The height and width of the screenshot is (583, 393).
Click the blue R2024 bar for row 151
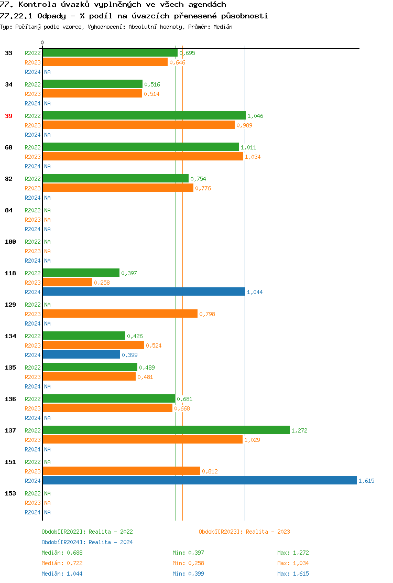(x=199, y=481)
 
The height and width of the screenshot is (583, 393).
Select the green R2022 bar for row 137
(x=166, y=430)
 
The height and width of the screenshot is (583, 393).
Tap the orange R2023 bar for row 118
(x=67, y=282)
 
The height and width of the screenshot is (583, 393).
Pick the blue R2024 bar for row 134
(x=81, y=354)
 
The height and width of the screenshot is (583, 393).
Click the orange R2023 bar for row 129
(x=120, y=314)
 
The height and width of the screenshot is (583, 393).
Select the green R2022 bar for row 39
(x=144, y=115)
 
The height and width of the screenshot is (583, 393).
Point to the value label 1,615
(x=366, y=481)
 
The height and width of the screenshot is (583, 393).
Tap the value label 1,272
(x=299, y=430)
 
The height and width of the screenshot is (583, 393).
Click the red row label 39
(x=8, y=116)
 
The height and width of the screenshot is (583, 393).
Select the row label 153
(x=10, y=493)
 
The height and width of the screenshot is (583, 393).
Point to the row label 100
(x=10, y=242)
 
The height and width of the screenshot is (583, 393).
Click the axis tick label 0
(x=42, y=42)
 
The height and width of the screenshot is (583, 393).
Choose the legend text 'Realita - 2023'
(x=268, y=532)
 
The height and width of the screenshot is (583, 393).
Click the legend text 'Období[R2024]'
(x=63, y=542)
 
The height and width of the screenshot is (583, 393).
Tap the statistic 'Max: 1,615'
(x=293, y=574)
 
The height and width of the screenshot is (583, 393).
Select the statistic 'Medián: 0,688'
(x=62, y=553)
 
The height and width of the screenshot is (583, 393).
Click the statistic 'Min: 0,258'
(x=188, y=563)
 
